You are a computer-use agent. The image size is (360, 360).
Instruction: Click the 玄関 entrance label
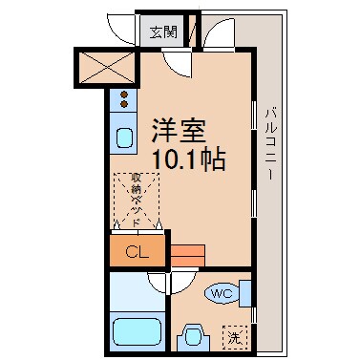click(163, 31)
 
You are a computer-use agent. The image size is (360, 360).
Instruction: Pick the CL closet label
click(137, 252)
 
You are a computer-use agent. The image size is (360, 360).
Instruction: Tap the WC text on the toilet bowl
click(222, 293)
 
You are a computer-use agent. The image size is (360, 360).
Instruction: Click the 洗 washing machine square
click(234, 336)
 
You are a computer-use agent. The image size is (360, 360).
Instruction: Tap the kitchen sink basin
click(125, 138)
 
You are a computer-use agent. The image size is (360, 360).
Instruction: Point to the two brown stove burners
click(124, 96)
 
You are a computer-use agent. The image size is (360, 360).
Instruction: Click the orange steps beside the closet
click(189, 254)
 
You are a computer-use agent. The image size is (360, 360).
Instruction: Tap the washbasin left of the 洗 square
click(195, 337)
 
